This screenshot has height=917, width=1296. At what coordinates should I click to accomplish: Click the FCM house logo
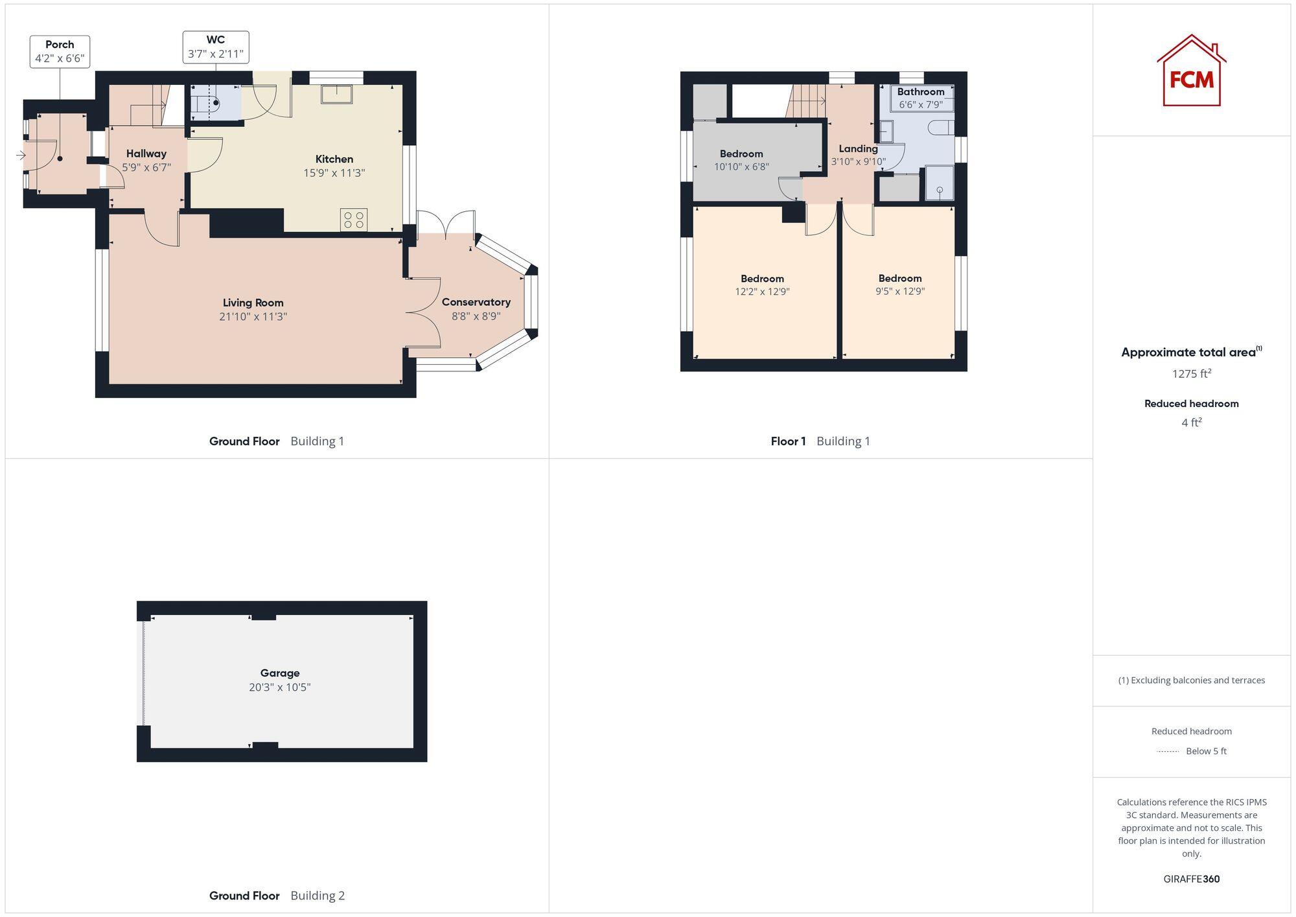tap(1191, 71)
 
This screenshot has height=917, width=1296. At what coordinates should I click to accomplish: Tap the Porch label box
tap(60, 51)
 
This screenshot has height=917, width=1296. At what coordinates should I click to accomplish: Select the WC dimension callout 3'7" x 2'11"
tap(216, 54)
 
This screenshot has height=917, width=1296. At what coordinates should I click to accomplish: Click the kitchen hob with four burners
tap(354, 219)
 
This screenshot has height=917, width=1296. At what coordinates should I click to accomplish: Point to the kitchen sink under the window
tap(336, 95)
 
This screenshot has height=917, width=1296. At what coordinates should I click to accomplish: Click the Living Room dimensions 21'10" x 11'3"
tap(253, 316)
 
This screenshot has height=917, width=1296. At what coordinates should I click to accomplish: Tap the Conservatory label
tap(476, 302)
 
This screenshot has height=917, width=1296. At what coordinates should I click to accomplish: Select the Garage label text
tap(280, 673)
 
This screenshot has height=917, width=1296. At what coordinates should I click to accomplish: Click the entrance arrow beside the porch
tap(21, 155)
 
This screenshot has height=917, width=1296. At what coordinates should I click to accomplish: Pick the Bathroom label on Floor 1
tap(920, 91)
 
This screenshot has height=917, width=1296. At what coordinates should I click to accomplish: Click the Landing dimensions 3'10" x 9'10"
tap(858, 161)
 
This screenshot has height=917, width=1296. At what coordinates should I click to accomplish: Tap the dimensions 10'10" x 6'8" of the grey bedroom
tap(741, 167)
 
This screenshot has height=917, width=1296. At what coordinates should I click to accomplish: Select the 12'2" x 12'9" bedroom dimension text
tap(762, 292)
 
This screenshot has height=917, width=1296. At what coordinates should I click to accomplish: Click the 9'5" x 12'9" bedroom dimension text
tap(899, 291)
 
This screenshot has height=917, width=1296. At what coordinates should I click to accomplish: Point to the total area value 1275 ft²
tap(1191, 373)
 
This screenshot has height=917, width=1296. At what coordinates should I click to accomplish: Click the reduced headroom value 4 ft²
tap(1191, 423)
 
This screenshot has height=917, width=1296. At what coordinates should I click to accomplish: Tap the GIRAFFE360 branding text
tap(1191, 879)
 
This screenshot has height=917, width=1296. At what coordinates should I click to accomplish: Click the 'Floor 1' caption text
tap(788, 441)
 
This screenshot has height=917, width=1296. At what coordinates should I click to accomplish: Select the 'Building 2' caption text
tap(318, 896)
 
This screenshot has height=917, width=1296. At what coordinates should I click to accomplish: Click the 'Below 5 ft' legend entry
tap(1205, 751)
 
